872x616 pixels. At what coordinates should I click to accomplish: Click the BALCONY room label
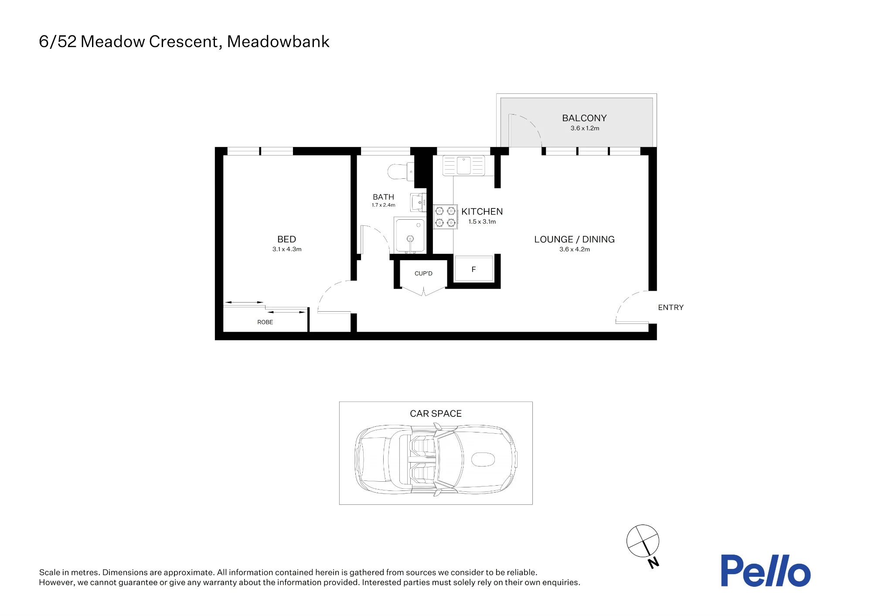pos(584,118)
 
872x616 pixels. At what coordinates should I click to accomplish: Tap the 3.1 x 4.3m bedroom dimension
pos(287,249)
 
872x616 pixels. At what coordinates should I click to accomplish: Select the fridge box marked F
pos(473,269)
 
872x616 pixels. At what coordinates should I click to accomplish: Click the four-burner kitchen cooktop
pos(445,217)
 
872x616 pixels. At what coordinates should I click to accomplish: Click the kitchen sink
pos(463,166)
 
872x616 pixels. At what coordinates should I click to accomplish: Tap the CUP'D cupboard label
pos(423,273)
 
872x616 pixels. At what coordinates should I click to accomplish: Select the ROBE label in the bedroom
pos(265,322)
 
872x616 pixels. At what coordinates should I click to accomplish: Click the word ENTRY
pos(671,307)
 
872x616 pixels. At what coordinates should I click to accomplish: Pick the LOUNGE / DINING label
pos(574,239)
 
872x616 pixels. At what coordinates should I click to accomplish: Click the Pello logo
pos(766,571)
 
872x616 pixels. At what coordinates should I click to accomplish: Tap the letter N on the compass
pos(653,563)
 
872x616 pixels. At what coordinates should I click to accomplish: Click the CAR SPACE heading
pos(436,414)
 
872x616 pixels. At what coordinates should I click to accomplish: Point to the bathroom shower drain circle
pos(410,238)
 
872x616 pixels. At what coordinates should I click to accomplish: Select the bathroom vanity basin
pos(418,202)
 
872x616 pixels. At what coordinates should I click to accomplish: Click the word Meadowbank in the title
pos(278,41)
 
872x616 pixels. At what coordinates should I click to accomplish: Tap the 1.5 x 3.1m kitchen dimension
pos(482,221)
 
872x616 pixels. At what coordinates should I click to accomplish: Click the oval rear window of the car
pos(483,459)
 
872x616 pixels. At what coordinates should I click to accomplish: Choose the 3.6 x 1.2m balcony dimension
pos(585,128)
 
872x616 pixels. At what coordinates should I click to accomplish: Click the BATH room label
pos(383,197)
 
